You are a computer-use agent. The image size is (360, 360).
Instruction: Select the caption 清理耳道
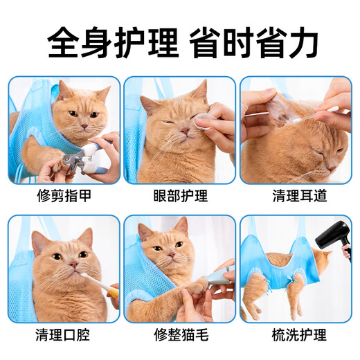point(295,196)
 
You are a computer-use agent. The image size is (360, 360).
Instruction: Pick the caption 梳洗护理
point(295,336)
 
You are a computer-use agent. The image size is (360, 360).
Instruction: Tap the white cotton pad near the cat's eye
point(202,123)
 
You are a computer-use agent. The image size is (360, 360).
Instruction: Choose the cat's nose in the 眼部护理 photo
point(181,133)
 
